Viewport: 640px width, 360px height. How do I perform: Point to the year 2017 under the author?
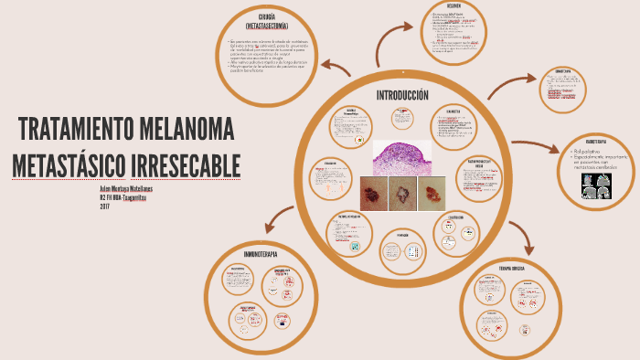[105, 206]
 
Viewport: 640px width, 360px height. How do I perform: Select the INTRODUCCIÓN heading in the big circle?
[402, 96]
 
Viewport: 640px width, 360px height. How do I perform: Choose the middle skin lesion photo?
[402, 193]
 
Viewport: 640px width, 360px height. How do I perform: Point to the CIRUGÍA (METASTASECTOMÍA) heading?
[267, 22]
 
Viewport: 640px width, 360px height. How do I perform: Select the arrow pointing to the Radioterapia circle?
[539, 146]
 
